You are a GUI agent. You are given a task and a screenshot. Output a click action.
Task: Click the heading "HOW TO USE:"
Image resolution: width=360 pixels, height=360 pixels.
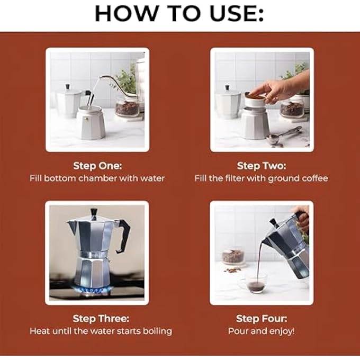(x=179, y=13)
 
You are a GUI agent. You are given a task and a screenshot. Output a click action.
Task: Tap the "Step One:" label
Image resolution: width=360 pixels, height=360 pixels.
(x=97, y=166)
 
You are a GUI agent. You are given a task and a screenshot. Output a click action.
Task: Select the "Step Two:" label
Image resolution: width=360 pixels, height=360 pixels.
(x=261, y=166)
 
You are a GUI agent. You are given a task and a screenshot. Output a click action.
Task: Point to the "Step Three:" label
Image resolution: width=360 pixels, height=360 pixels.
(x=101, y=319)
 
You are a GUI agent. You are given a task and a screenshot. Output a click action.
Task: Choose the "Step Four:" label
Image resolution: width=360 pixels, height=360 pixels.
(x=261, y=319)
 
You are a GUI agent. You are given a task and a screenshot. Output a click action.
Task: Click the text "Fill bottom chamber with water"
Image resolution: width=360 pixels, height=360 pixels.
(x=97, y=178)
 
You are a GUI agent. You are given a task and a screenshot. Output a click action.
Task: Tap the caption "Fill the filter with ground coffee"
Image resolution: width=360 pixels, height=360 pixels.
(x=261, y=178)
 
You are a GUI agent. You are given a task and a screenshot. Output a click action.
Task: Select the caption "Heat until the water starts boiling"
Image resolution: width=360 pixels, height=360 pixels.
(x=101, y=331)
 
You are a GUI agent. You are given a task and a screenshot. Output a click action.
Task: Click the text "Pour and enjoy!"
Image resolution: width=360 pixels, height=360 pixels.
(x=261, y=331)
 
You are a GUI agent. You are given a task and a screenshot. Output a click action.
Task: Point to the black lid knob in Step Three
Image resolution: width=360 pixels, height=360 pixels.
(x=94, y=213)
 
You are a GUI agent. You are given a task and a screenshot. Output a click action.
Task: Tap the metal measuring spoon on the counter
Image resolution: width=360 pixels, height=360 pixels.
(x=283, y=136)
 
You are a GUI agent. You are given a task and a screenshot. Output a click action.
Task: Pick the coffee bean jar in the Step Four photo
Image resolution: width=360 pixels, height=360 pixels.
(x=233, y=257)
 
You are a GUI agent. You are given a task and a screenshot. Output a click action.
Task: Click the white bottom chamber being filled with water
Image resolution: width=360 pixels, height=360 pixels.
(x=90, y=123)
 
